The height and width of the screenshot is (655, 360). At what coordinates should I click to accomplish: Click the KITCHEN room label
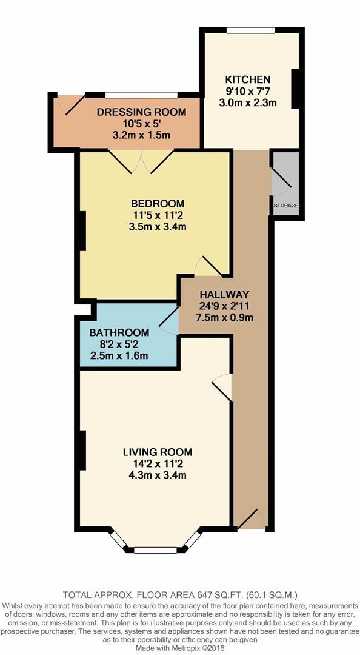[x=248, y=79]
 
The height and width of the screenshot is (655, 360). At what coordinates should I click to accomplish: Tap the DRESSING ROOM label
[x=141, y=112]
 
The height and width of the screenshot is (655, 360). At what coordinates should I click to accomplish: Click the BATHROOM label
[x=119, y=332]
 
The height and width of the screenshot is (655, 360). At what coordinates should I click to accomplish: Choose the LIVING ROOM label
[x=157, y=452]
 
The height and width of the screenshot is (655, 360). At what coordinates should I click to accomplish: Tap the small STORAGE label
[x=286, y=206]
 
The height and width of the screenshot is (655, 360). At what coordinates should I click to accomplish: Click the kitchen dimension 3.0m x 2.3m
[x=248, y=102]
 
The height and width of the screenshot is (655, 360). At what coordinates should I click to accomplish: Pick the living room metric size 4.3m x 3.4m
[x=157, y=475]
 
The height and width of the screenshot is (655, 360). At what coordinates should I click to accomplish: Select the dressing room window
[x=141, y=95]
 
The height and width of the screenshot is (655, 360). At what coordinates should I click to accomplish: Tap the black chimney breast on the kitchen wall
[x=296, y=89]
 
